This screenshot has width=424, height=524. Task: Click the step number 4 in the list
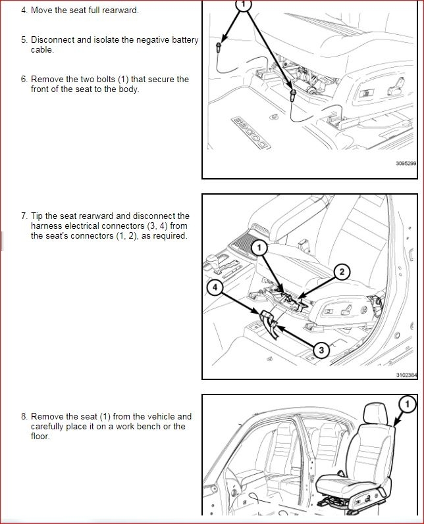pyautogui.click(x=24, y=11)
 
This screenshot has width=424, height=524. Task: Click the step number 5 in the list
pyautogui.click(x=24, y=40)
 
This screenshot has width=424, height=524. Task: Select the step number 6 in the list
pyautogui.click(x=24, y=80)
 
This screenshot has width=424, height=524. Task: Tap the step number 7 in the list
pyautogui.click(x=24, y=216)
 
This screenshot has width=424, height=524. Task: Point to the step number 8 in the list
pyautogui.click(x=24, y=416)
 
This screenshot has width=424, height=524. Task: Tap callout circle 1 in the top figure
pyautogui.click(x=244, y=5)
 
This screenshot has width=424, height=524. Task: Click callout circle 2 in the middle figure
pyautogui.click(x=342, y=272)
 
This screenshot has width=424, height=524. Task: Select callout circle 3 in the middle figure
pyautogui.click(x=321, y=350)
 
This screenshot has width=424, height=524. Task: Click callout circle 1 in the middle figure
pyautogui.click(x=259, y=247)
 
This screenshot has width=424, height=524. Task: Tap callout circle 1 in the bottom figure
pyautogui.click(x=408, y=403)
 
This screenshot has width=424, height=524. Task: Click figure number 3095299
pyautogui.click(x=406, y=164)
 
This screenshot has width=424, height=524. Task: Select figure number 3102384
pyautogui.click(x=406, y=375)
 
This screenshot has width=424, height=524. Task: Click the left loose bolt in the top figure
pyautogui.click(x=218, y=47)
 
